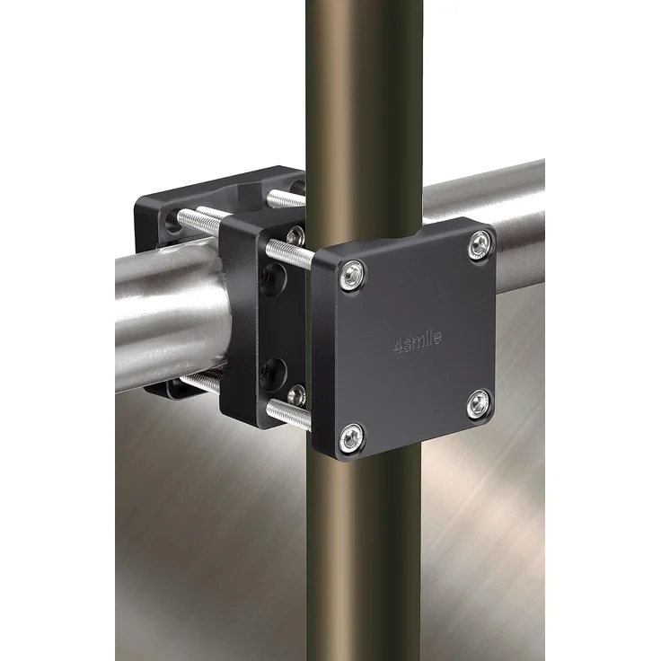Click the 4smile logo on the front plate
[418, 341]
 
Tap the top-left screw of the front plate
[352, 276]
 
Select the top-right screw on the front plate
[480, 245]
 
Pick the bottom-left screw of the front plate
[351, 437]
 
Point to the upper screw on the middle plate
[296, 234]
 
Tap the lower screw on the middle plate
[296, 395]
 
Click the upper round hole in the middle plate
[272, 279]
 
